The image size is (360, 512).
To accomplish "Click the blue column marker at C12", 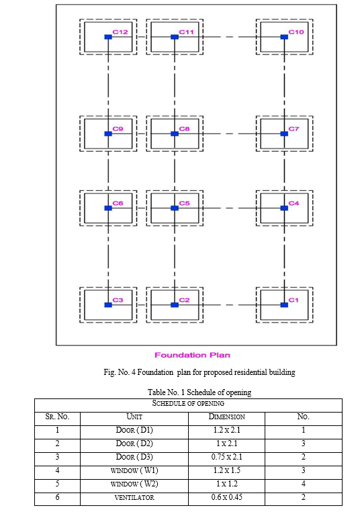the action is [x=108, y=37].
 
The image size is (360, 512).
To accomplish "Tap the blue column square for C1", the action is [x=284, y=305].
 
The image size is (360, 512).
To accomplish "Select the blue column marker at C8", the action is [x=175, y=134].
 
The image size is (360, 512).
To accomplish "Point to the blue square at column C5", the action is [x=175, y=208].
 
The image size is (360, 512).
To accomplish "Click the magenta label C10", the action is [x=296, y=32].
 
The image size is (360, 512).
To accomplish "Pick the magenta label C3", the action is [x=118, y=300].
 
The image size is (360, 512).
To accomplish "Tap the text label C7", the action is [x=294, y=129].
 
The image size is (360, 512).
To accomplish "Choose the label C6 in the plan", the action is [x=118, y=204].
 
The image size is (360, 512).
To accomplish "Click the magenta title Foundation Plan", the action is [x=192, y=355].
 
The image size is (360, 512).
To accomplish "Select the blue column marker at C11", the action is [x=175, y=37].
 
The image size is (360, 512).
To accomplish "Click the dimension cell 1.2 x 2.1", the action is [x=227, y=430].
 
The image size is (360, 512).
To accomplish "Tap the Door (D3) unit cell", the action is [x=134, y=457].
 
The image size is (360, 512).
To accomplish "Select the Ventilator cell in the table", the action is [x=134, y=498].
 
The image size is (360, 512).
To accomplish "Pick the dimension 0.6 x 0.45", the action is [x=227, y=497].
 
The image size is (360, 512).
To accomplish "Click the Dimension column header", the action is [x=227, y=417].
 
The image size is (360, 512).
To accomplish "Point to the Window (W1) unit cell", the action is [x=134, y=470].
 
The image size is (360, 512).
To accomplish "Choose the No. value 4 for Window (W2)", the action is [x=303, y=484].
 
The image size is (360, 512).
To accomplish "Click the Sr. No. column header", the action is [x=58, y=417].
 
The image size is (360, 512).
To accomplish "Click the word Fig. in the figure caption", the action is [x=109, y=372].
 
